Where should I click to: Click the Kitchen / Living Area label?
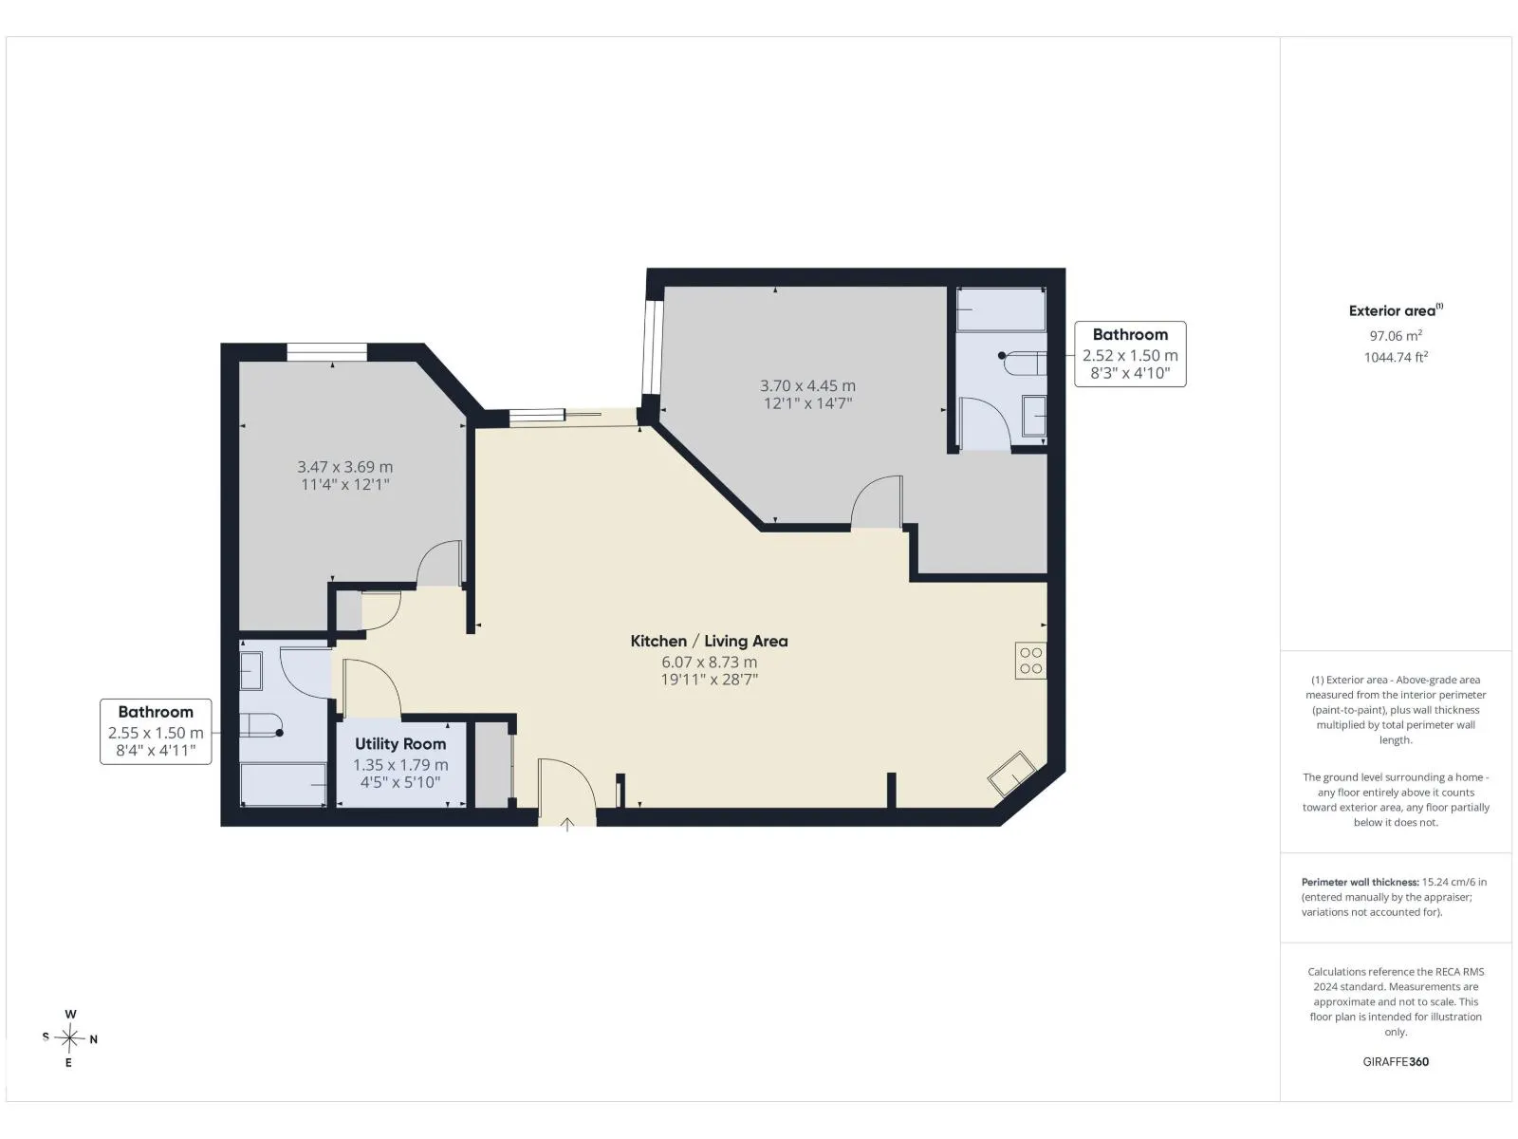point(709,641)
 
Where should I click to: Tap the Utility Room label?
point(400,744)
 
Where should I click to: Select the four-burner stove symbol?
point(1030,661)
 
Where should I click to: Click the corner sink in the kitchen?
point(1011,774)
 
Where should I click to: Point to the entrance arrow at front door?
point(567,824)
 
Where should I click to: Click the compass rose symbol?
point(69,1038)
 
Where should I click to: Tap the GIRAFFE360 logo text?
point(1396,1061)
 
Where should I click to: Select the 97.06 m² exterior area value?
point(1396,335)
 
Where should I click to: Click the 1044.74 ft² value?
point(1396,358)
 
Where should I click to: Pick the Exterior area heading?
point(1396,310)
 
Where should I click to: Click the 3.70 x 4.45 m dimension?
point(807,385)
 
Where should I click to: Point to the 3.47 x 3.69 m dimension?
point(345,467)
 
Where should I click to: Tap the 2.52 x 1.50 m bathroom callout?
point(1130,355)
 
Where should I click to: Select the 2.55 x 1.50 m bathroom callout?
point(156,733)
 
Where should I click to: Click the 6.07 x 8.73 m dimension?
point(709,662)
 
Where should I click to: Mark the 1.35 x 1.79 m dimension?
point(400,765)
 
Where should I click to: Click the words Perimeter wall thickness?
point(1360,882)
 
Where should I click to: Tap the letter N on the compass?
point(93,1038)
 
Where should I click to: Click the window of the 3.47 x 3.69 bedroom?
point(327,352)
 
